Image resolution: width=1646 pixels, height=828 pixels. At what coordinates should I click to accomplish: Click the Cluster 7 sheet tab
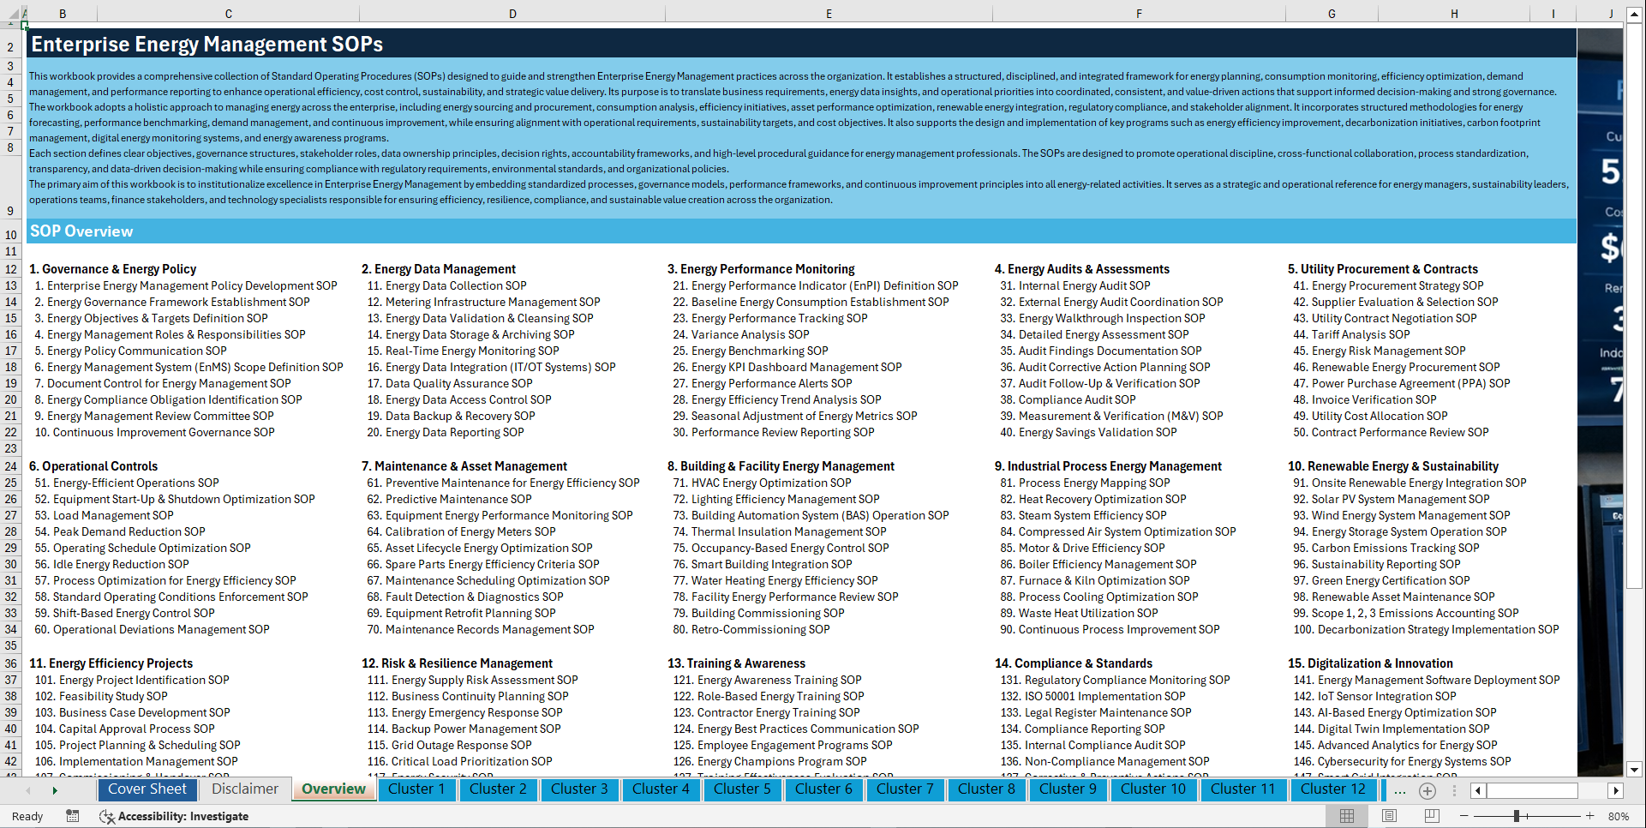coord(904,789)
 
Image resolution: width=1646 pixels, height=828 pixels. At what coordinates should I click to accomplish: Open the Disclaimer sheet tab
coord(245,789)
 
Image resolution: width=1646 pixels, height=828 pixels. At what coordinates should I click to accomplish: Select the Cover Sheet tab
coord(147,789)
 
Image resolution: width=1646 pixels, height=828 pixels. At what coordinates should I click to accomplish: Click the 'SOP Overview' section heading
coord(81,231)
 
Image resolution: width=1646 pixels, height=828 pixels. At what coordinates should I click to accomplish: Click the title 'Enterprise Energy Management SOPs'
coord(206,45)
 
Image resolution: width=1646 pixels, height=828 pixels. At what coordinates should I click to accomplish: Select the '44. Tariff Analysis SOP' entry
coord(1351,334)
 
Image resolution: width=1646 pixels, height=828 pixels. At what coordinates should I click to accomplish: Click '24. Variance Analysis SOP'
coord(740,334)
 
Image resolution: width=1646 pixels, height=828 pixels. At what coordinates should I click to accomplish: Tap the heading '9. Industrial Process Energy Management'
coord(1107,466)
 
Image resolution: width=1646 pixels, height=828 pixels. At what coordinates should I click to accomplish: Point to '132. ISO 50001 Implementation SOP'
coord(1092,696)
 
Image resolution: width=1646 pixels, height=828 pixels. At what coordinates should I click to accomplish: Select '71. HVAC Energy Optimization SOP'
coord(762,483)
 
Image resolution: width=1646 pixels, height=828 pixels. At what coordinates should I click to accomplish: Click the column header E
coord(829,14)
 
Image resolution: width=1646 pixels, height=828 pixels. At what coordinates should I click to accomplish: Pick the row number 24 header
coord(11,466)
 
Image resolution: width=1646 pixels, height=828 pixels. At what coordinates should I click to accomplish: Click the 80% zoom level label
coord(1618,816)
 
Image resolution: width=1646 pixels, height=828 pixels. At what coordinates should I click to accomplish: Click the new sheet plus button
coord(1427,790)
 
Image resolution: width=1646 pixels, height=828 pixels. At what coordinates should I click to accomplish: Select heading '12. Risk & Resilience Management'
coord(457,663)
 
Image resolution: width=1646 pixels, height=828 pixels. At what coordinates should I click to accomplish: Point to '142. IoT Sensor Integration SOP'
coord(1374,696)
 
